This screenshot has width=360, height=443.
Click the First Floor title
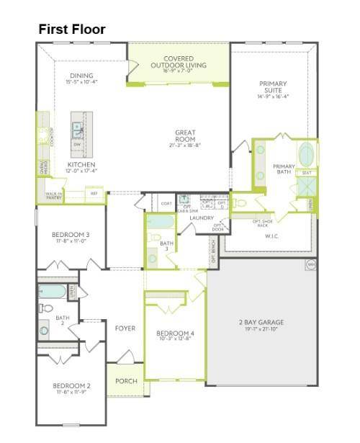point(72,30)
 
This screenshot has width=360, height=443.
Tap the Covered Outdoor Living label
point(179,62)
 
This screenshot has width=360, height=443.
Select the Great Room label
point(185,135)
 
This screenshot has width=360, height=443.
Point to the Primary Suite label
point(273,88)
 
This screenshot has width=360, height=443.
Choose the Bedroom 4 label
point(176,334)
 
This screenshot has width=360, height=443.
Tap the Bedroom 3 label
point(71,235)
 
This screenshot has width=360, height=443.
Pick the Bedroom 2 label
point(71,386)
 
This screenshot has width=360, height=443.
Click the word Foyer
point(125,328)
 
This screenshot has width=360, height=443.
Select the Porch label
point(126,381)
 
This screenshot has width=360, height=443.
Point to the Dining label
point(82,76)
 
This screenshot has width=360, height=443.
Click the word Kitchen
point(81,165)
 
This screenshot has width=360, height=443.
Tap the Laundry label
point(202,218)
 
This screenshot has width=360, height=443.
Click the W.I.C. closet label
point(272,236)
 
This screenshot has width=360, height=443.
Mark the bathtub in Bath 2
point(53,292)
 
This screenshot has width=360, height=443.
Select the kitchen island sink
point(76,130)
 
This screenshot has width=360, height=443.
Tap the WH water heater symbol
point(311,264)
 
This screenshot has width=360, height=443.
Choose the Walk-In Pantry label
point(54,194)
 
